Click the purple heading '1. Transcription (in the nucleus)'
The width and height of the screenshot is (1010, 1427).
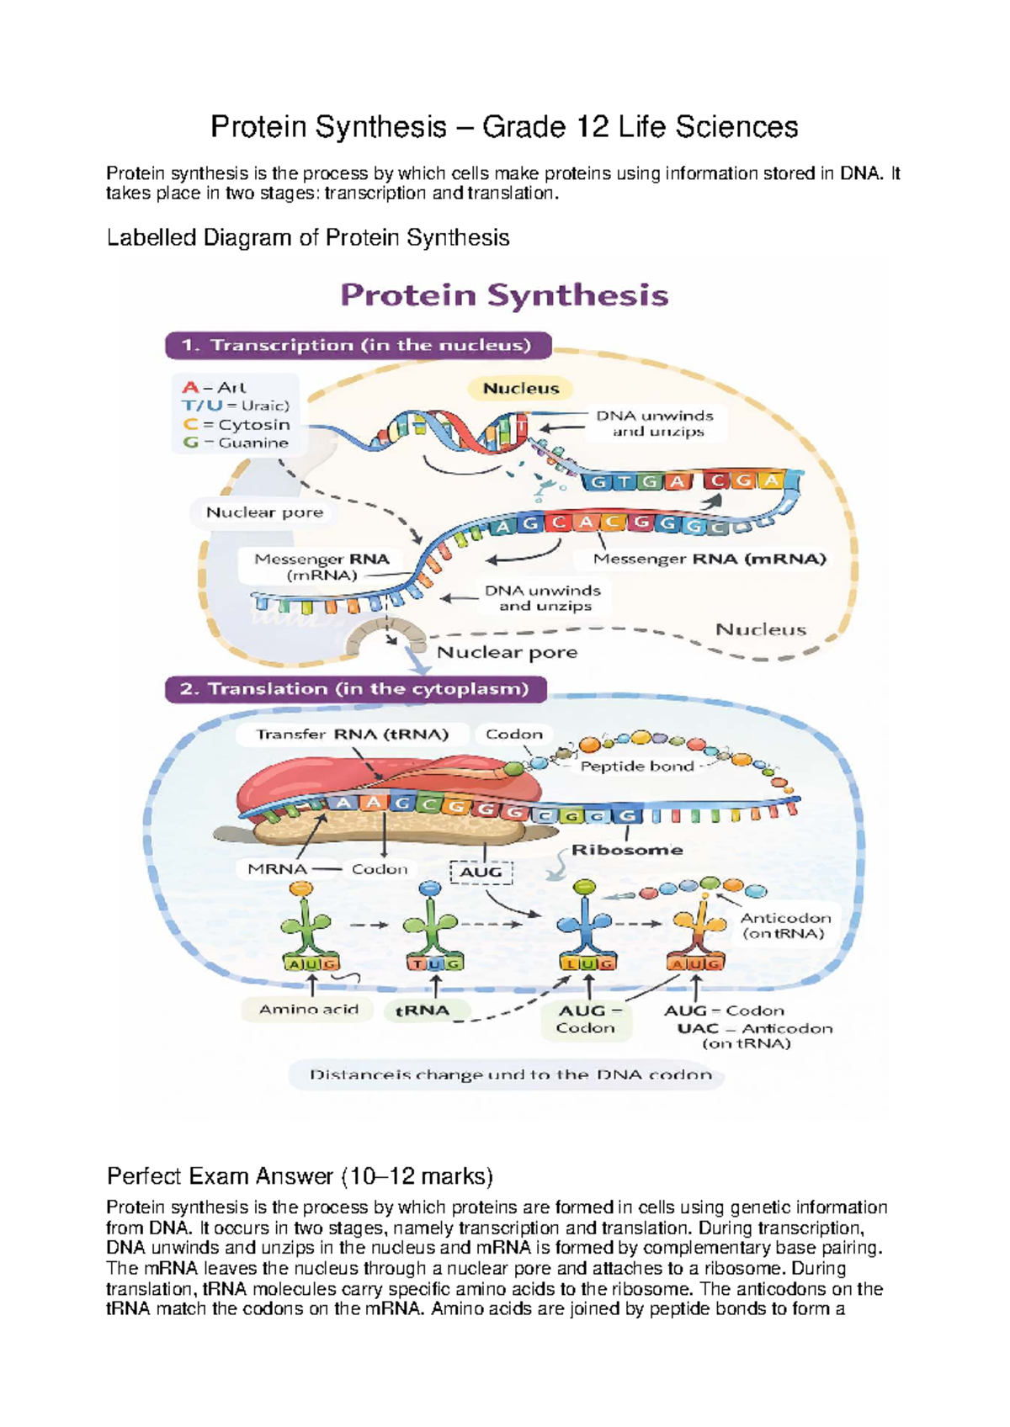click(357, 345)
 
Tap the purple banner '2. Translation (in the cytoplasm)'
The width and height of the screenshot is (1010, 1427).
click(354, 689)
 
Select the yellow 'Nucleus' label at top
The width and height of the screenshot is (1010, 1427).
click(521, 388)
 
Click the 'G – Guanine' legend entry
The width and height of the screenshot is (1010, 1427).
click(235, 443)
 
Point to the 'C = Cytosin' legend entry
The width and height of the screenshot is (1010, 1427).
click(237, 425)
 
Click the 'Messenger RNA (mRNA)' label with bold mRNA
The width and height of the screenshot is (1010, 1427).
click(710, 559)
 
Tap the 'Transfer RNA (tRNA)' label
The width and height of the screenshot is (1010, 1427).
click(352, 734)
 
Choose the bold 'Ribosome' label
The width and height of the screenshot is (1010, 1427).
click(627, 850)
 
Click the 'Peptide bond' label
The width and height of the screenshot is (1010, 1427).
click(636, 766)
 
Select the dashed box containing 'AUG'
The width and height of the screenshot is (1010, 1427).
click(481, 872)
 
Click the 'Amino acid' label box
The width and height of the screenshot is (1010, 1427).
click(308, 1009)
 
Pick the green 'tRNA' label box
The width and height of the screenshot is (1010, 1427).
click(423, 1011)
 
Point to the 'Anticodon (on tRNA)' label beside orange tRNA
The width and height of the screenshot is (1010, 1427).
click(784, 926)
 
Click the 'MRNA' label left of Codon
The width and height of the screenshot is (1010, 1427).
click(277, 869)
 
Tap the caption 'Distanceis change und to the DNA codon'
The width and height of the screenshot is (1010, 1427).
click(510, 1074)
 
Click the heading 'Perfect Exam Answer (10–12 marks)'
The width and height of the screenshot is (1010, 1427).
click(300, 1175)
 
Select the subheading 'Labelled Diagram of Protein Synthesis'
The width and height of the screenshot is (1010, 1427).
click(308, 238)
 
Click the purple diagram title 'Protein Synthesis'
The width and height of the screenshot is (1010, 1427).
click(504, 295)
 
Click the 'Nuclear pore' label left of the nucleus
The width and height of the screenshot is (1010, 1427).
click(264, 512)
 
